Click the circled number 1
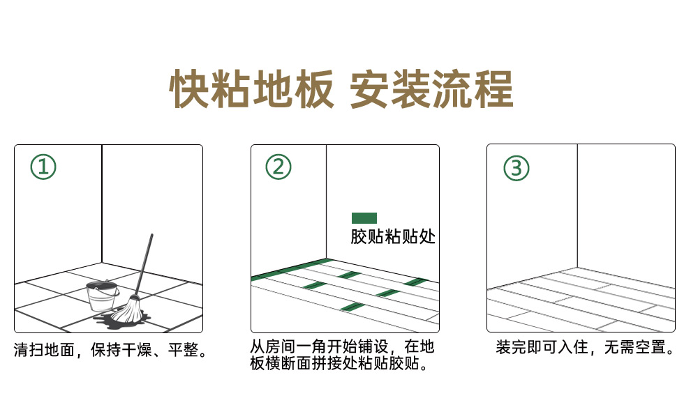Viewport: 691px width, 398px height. [43, 167]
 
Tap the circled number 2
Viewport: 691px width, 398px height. [278, 167]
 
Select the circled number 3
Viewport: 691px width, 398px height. [516, 168]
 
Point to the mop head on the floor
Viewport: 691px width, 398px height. [129, 309]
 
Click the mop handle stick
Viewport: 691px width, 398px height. [144, 264]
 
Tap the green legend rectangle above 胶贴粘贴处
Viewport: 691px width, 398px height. [364, 218]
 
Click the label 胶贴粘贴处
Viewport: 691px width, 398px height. [393, 236]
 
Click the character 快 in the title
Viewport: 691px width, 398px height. [189, 89]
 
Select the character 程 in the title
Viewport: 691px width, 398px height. [494, 89]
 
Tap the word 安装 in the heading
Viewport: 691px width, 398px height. [390, 89]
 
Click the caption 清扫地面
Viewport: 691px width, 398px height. [44, 350]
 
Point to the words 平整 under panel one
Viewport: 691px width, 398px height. [184, 350]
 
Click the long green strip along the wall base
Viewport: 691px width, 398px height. [292, 269]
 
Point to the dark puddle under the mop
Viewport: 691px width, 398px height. [121, 320]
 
